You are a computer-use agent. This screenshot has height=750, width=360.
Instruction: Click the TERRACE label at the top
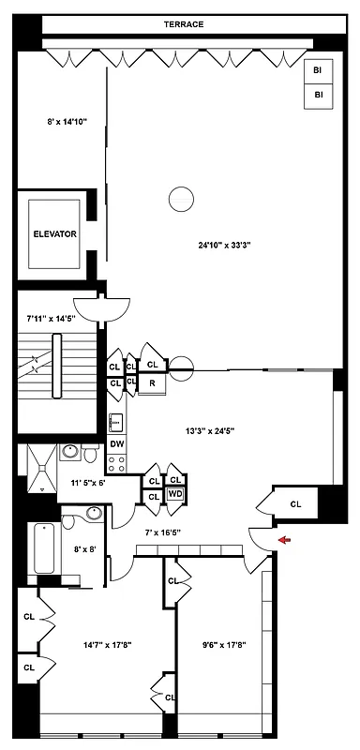(x=184, y=24)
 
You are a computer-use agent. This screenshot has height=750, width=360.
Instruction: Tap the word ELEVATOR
(x=55, y=233)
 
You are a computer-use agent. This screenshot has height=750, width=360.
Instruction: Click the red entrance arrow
(x=285, y=539)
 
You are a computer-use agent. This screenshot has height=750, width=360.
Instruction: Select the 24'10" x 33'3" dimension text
(x=222, y=246)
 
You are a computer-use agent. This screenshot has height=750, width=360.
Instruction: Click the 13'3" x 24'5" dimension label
(x=209, y=431)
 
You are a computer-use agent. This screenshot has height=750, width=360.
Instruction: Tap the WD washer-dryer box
(x=174, y=494)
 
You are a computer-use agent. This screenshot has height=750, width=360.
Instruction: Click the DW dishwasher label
(x=117, y=443)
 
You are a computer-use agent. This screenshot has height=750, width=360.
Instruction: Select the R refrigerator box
(x=152, y=382)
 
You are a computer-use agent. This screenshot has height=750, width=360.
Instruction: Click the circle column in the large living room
(x=180, y=199)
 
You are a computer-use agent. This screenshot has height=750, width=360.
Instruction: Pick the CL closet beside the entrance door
(x=295, y=503)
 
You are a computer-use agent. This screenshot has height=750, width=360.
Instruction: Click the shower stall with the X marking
(x=38, y=468)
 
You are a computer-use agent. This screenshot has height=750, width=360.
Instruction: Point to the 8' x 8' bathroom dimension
(x=86, y=549)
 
